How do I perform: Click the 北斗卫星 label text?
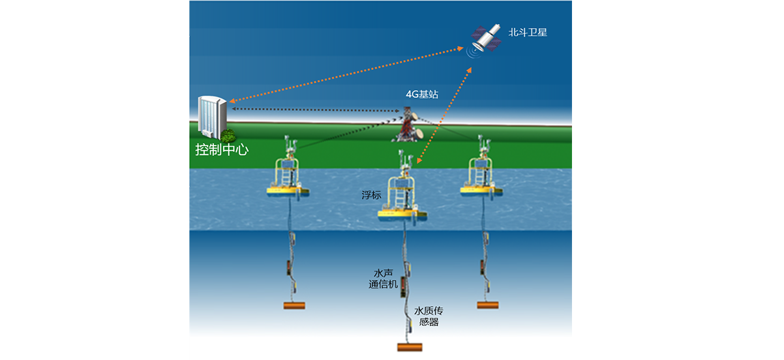(528, 31)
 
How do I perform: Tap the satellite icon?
(486, 39)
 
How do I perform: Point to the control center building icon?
(213, 119)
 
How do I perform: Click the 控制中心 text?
(222, 149)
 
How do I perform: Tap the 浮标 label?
(371, 195)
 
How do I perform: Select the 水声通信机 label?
(383, 278)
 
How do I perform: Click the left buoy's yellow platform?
(287, 190)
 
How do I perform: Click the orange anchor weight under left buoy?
(294, 305)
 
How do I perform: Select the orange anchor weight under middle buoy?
(409, 347)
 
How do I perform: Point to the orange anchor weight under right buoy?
(488, 305)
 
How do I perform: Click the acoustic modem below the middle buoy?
(403, 285)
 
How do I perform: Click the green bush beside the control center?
(228, 135)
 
